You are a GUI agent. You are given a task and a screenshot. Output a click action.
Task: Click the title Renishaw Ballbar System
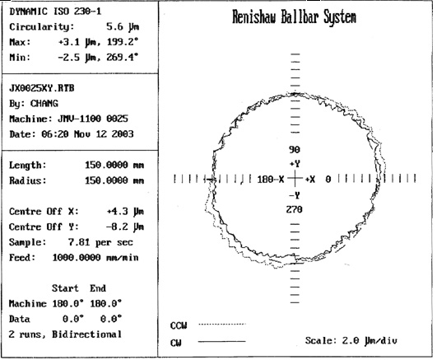tap(295, 17)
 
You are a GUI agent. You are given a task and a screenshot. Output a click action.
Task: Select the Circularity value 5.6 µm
tap(123, 27)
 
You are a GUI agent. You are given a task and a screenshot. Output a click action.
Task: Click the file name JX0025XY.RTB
tap(42, 88)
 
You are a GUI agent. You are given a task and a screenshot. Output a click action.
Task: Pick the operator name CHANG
tap(44, 104)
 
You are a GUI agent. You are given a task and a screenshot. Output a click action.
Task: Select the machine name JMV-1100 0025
tap(93, 119)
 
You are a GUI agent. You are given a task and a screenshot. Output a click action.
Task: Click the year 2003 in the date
tap(123, 134)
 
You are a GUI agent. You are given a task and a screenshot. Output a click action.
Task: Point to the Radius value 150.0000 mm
tap(114, 180)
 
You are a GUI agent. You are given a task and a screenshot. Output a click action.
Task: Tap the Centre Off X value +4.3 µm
tap(125, 212)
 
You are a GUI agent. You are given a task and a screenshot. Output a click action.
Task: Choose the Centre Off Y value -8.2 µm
tap(125, 227)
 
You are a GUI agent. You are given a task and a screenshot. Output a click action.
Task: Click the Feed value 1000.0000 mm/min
tap(95, 257)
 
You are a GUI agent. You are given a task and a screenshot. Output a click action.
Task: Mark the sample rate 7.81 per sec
tap(100, 242)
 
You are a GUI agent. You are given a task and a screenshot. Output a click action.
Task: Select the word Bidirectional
tap(86, 334)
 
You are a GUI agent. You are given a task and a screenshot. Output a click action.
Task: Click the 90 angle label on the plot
tap(295, 150)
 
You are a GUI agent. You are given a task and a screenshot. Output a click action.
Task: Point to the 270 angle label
tap(295, 209)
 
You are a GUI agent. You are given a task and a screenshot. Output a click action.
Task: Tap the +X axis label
tap(310, 179)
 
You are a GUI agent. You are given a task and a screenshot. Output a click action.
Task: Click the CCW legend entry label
tap(179, 325)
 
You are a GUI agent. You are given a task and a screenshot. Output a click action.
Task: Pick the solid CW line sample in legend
tap(222, 341)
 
